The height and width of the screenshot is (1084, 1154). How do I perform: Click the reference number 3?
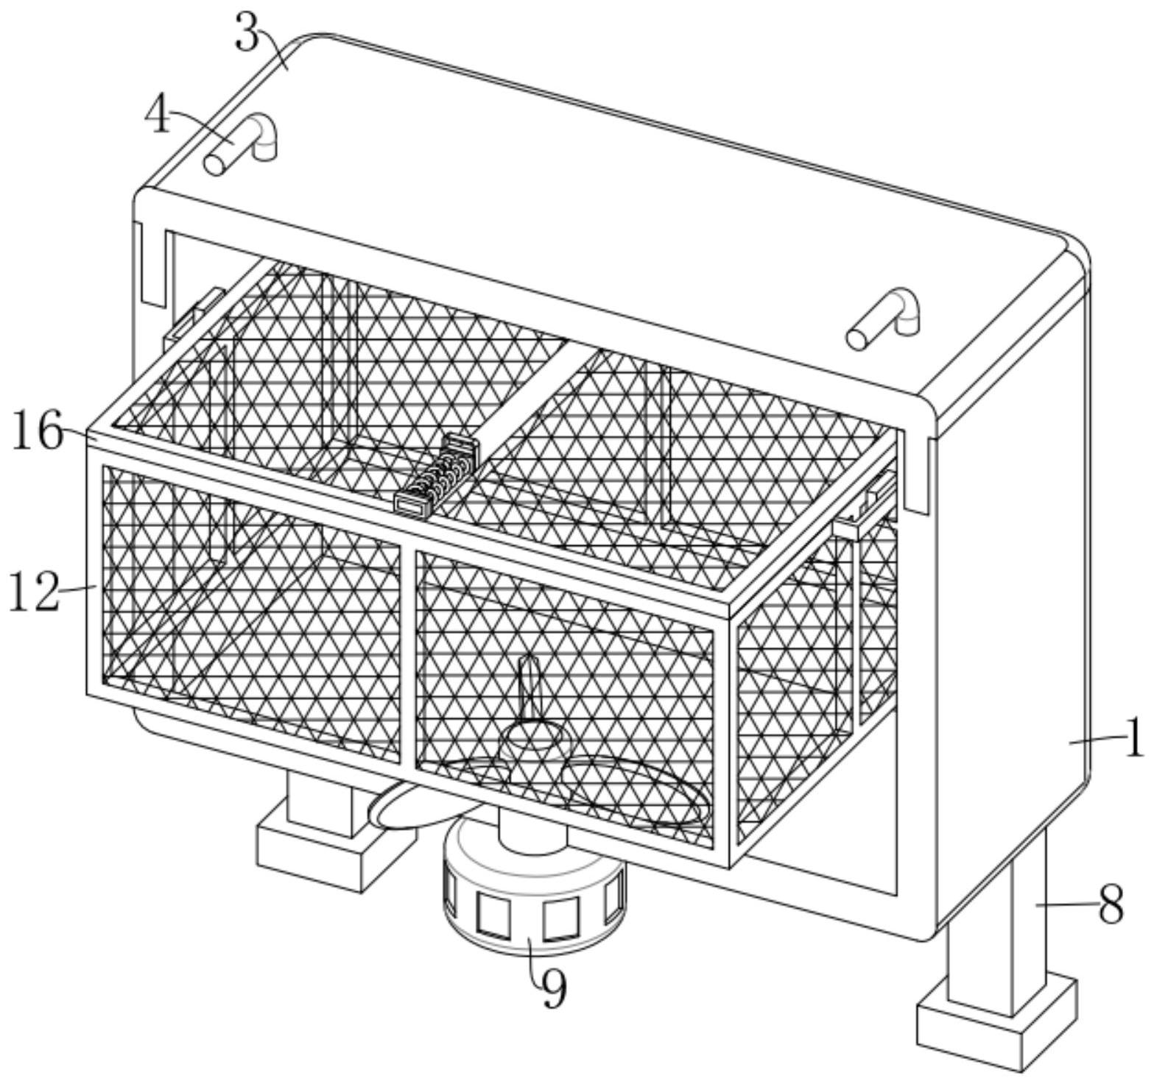coord(248,33)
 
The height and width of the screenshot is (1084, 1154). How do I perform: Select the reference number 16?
coord(37,432)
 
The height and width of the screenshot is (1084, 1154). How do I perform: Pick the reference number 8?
coord(1111,904)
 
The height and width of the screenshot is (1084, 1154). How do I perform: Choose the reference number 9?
coord(553,988)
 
